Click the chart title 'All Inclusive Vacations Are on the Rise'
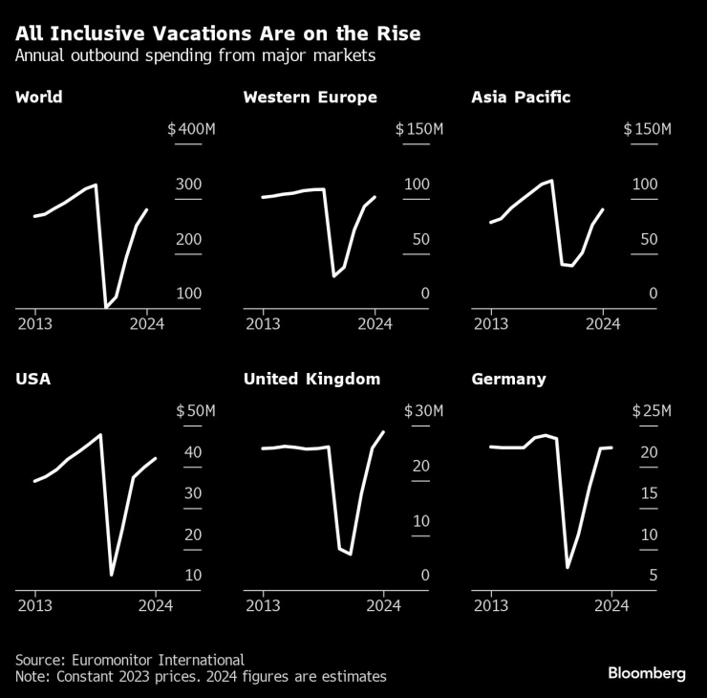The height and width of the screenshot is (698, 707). coord(218,33)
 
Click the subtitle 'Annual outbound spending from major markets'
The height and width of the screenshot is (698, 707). coord(196,56)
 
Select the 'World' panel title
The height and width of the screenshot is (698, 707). coord(39,98)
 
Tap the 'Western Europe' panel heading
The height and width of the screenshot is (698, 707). coord(310,98)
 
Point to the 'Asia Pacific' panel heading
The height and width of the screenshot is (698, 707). coord(522,98)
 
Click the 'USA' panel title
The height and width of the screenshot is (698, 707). coord(33,379)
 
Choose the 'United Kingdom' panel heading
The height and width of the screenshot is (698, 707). coord(311,379)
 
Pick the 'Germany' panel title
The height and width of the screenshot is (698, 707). coord(508,379)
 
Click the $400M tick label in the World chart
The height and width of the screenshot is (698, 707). coord(191,129)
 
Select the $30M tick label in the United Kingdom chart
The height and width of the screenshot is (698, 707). coord(423,411)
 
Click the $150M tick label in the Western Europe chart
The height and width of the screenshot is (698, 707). coord(419,129)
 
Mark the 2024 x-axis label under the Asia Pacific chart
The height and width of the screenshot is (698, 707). coord(602,324)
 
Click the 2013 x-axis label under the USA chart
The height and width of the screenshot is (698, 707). coord(34,605)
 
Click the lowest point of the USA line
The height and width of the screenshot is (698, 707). coord(112,575)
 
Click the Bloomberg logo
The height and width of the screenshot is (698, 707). coord(647,673)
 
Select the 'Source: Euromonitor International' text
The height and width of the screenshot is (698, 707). coord(129,660)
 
